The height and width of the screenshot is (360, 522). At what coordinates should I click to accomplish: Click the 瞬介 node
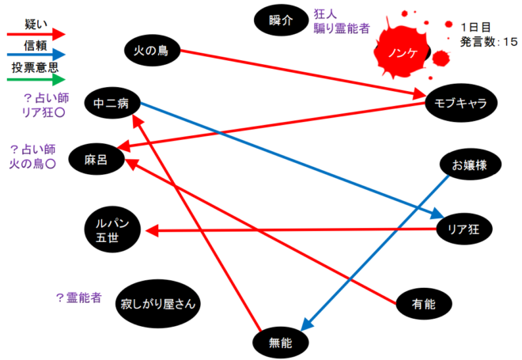coord(281,20)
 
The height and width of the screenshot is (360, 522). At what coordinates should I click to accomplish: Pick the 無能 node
coord(280,342)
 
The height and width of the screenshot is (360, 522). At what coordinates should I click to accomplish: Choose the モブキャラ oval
coord(460,103)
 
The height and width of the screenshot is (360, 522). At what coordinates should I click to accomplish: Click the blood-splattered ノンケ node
coord(403,51)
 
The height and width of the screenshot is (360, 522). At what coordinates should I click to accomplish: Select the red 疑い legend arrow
coord(36,34)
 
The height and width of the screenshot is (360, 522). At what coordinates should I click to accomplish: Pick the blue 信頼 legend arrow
coord(36,56)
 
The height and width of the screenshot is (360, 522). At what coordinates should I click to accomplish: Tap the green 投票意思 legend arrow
coord(36,80)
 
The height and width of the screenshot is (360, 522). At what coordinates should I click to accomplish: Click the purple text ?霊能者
coord(78,298)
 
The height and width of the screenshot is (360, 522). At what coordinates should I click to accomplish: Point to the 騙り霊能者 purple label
coord(342,28)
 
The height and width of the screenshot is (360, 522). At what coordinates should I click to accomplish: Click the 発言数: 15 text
coord(489,40)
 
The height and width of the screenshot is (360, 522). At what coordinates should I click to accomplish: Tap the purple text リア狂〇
coord(46,113)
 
